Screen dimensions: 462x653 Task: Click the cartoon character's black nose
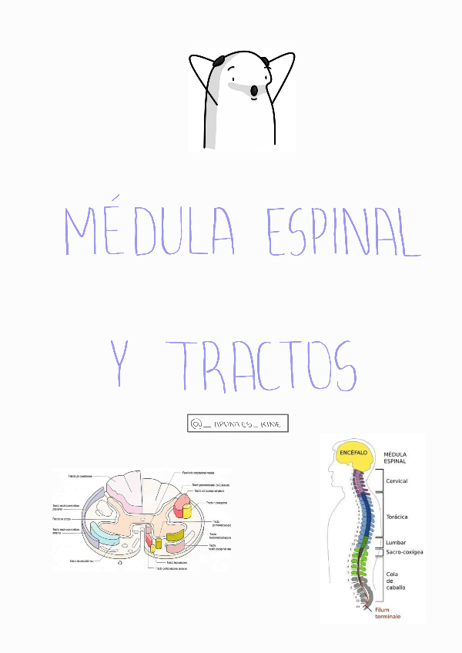[x=254, y=92]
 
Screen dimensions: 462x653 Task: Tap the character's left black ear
[x=219, y=60]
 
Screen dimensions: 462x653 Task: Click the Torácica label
[x=397, y=517]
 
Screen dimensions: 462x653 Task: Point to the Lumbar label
[x=396, y=542]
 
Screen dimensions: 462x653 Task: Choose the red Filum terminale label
[x=388, y=612]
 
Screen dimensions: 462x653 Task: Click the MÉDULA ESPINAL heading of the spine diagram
[x=399, y=457]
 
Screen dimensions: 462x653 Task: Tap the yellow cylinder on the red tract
[x=187, y=508]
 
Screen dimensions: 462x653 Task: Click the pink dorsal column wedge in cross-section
[x=124, y=490]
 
